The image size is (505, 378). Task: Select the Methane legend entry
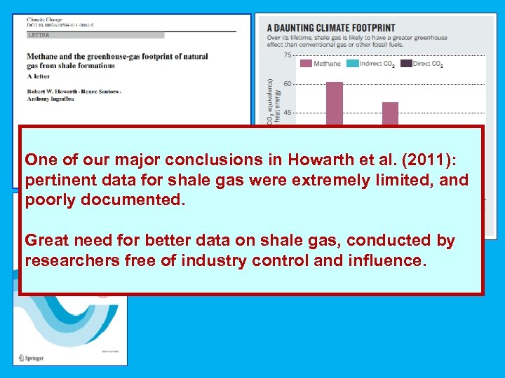[321, 64]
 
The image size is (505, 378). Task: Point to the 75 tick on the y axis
[288, 55]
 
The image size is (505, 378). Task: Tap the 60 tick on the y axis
[288, 84]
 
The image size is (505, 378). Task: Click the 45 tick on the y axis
[288, 112]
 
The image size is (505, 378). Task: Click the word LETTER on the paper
[39, 34]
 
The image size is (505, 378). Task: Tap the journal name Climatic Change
[43, 20]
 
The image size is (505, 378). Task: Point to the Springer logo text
[31, 358]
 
